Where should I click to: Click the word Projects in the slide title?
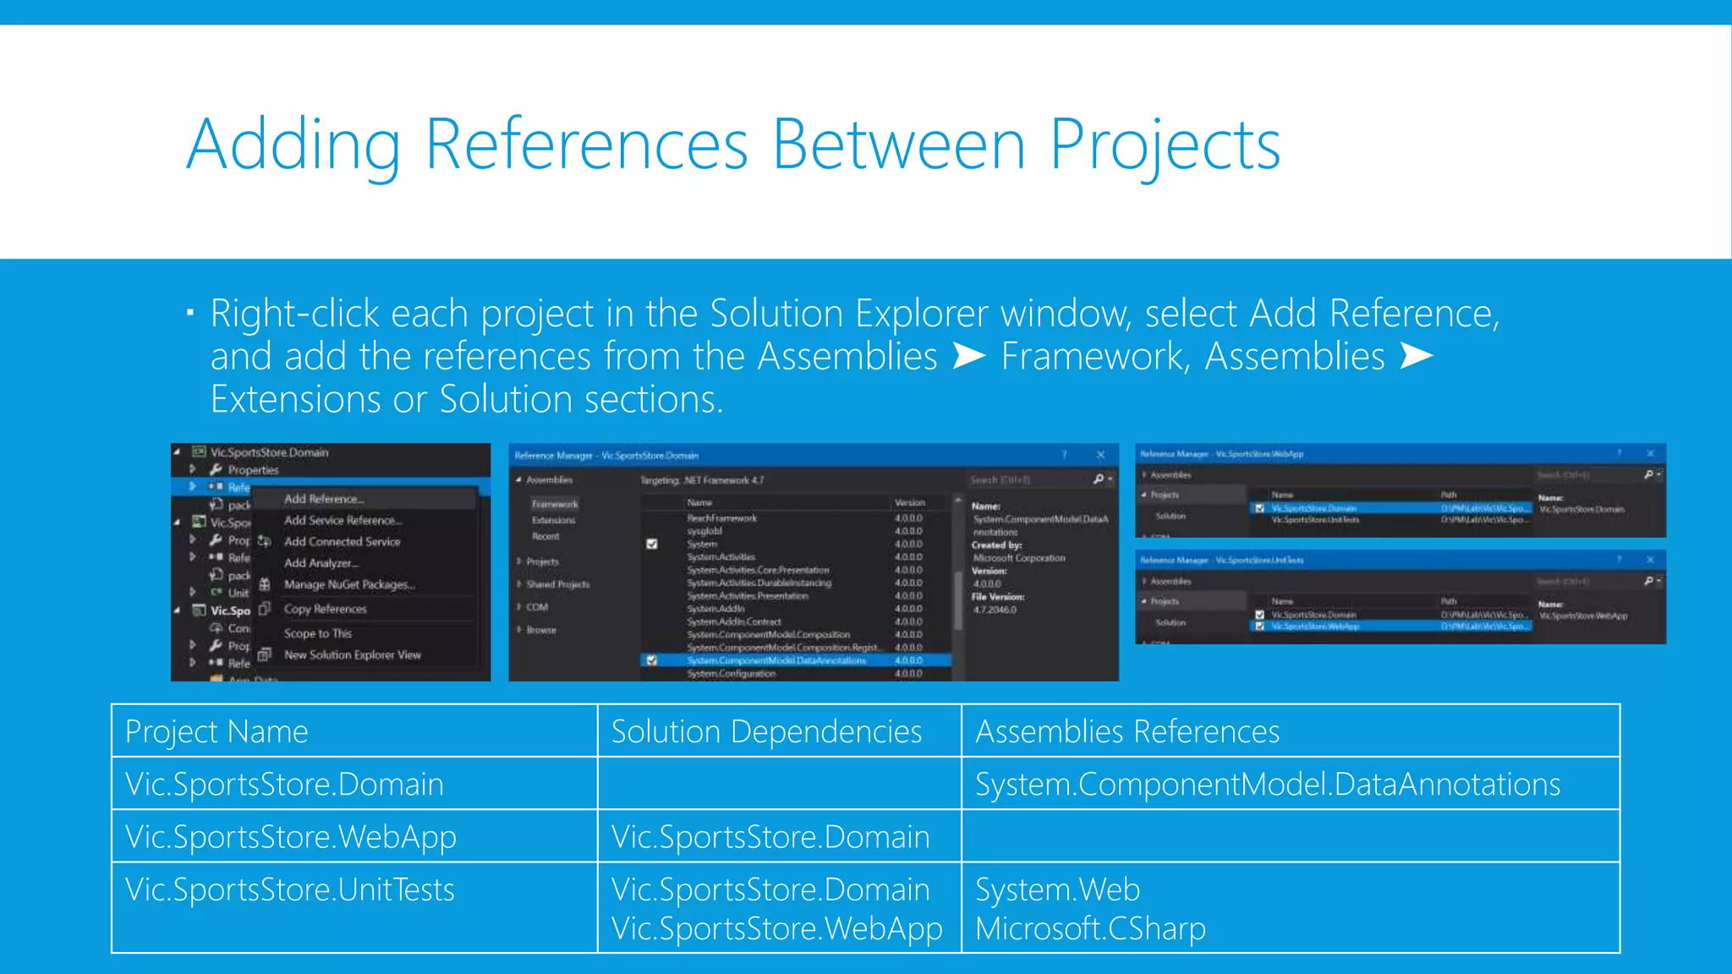1165,145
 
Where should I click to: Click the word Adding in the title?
293,145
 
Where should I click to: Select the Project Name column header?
216,731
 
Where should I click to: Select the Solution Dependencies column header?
766,731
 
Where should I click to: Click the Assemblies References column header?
1127,731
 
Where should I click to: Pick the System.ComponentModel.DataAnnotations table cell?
1267,785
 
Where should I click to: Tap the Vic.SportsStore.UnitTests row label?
290,890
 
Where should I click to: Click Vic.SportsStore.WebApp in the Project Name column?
290,837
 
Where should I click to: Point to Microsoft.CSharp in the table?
1090,928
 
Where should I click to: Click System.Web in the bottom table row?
1057,890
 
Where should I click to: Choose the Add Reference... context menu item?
324,499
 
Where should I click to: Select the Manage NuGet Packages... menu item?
349,584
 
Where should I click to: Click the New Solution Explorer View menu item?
352,654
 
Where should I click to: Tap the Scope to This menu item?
317,633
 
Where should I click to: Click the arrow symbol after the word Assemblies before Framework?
969,356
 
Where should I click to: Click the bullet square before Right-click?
190,314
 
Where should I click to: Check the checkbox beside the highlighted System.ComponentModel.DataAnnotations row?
651,660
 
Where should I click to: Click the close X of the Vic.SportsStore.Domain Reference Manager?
1100,455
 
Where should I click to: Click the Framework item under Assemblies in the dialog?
555,504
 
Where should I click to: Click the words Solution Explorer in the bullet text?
848,314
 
